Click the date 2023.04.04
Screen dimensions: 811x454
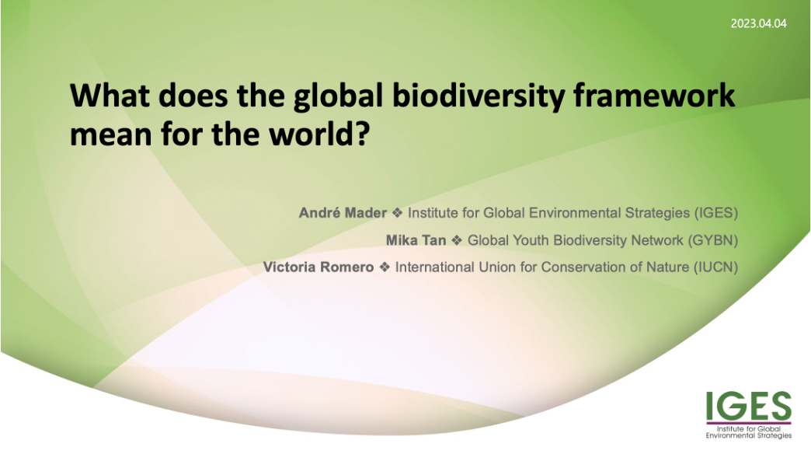pos(758,23)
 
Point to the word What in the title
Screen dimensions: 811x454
pos(110,96)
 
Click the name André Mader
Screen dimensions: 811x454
pos(343,213)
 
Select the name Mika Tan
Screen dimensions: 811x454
pos(416,240)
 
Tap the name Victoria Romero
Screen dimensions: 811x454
pos(318,267)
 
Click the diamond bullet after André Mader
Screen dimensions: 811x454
pos(397,213)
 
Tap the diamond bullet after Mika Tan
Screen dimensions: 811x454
pos(457,240)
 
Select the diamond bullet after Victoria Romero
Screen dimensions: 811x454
pos(385,267)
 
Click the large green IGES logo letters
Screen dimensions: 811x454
pos(748,406)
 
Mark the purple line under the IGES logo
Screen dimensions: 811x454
pos(749,424)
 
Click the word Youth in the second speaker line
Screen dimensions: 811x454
pos(569,240)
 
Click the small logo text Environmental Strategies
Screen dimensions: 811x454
pos(748,435)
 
